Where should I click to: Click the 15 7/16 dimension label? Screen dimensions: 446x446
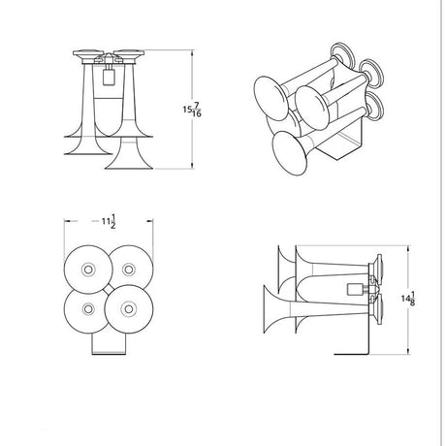coord(192,110)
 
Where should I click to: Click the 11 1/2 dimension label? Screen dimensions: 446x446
coord(109,221)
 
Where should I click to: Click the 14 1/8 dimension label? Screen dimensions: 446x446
coord(408,299)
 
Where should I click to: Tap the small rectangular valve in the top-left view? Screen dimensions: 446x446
coord(108,78)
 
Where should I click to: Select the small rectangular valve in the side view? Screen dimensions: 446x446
coord(352,289)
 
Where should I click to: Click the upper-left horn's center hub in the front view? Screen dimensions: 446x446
coord(88,270)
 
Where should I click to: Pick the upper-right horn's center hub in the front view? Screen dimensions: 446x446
coord(129,270)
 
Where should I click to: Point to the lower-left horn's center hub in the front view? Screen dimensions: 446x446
coord(88,309)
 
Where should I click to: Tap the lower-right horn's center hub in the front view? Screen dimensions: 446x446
coord(129,309)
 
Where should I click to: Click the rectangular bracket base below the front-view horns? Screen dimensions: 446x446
coord(109,344)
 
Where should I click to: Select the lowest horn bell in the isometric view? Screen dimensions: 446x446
coord(289,153)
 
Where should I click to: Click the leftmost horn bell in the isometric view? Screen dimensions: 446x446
coord(271,98)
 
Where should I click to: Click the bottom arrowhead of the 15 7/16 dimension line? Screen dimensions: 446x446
coord(193,165)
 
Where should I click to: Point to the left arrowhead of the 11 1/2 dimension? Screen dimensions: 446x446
coord(68,221)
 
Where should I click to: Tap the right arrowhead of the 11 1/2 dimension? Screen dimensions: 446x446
coord(149,221)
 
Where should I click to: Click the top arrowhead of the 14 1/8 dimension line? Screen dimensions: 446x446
coord(409,249)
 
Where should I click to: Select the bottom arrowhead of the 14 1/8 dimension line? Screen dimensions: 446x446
coord(409,351)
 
